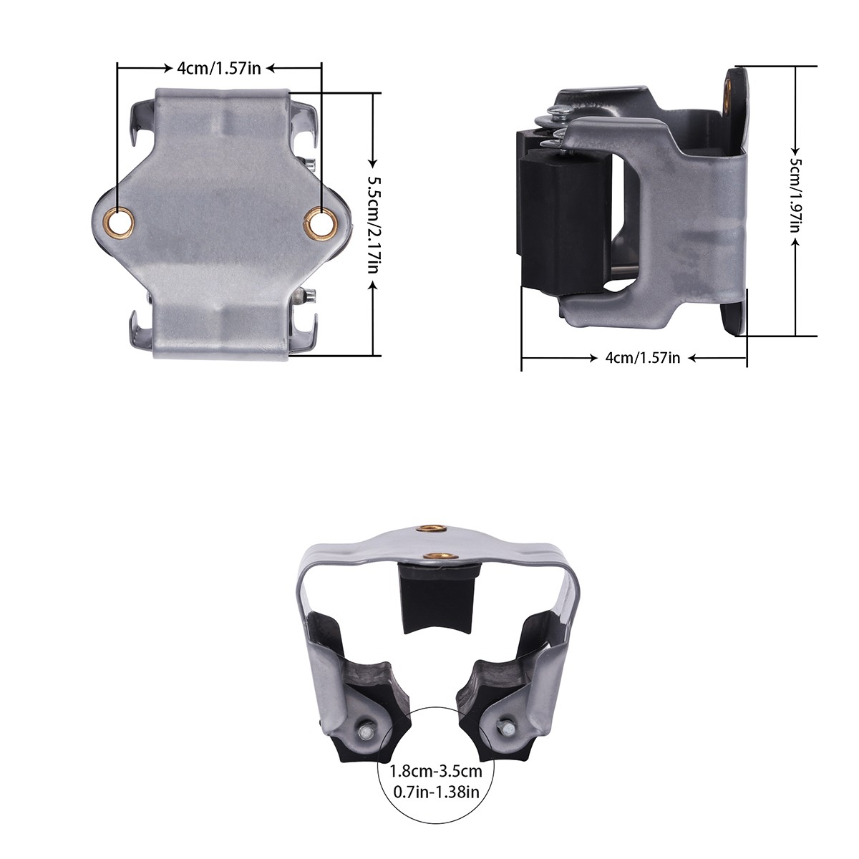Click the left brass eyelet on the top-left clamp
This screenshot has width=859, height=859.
pyautogui.click(x=120, y=222)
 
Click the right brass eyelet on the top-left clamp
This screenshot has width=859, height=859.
pyautogui.click(x=321, y=221)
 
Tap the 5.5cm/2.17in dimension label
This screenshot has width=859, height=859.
pyautogui.click(x=373, y=226)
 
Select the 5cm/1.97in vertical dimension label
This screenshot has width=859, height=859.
pyautogui.click(x=796, y=196)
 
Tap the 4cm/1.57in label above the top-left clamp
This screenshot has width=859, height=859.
pyautogui.click(x=219, y=68)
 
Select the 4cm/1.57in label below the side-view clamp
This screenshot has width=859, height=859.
pyautogui.click(x=642, y=357)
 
